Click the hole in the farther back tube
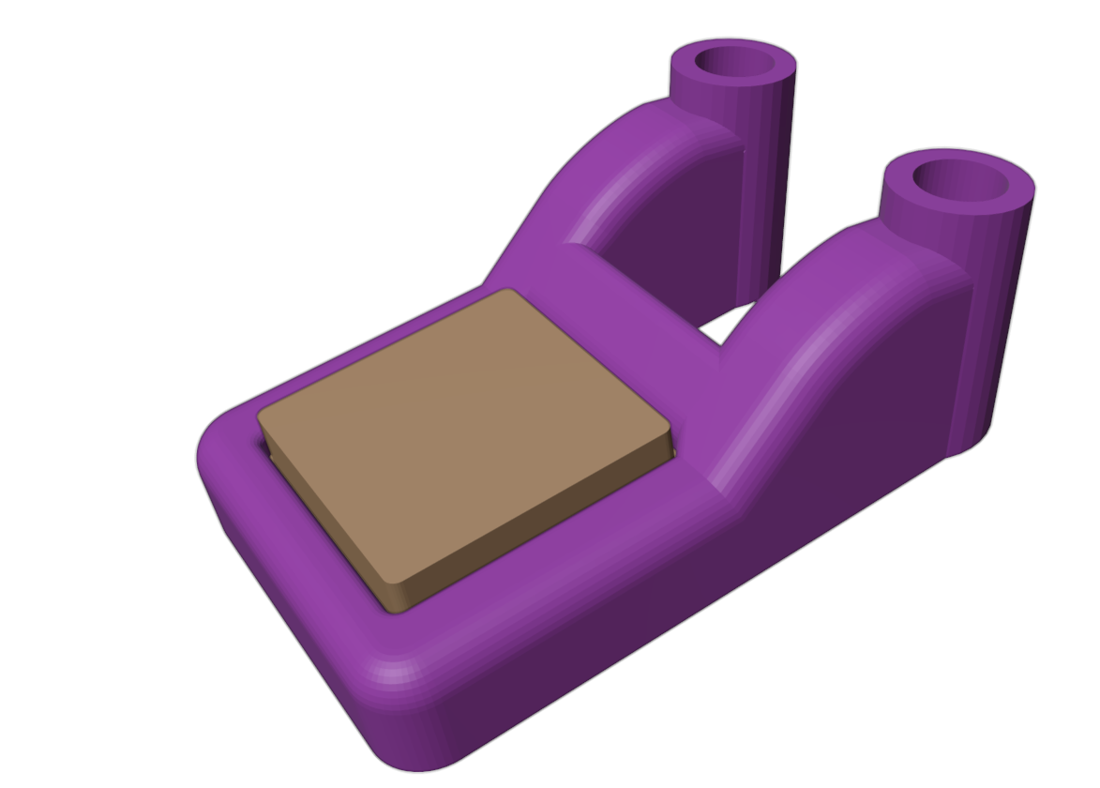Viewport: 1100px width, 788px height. click(732, 63)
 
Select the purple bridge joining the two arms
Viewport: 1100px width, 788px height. click(647, 300)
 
